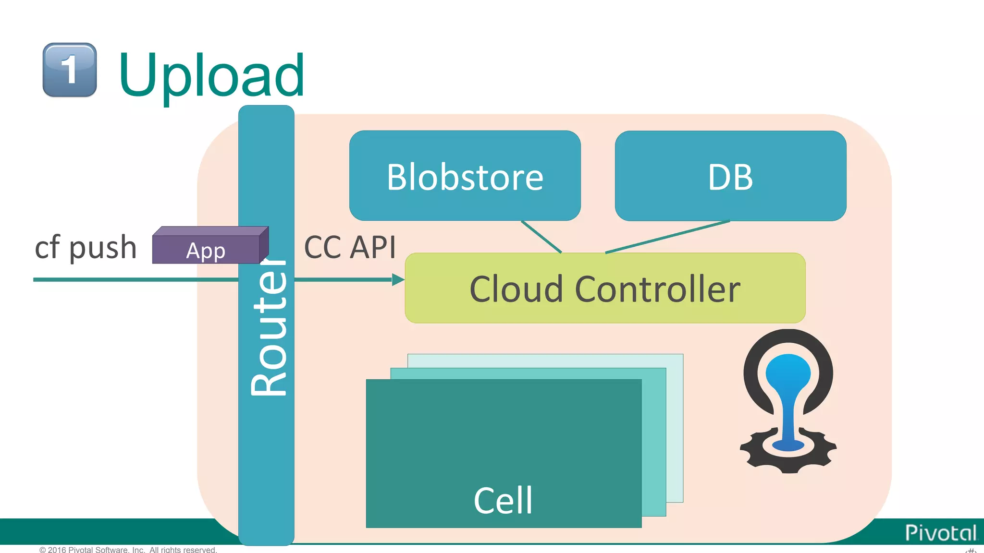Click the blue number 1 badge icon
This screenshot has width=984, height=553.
click(70, 70)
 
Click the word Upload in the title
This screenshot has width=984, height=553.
click(211, 76)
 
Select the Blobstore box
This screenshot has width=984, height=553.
click(465, 176)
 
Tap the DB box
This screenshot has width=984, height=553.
click(730, 176)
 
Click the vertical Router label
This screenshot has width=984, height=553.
click(268, 326)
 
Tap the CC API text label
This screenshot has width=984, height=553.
click(350, 248)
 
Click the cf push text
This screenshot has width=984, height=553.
click(86, 248)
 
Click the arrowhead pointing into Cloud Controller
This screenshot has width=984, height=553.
click(398, 279)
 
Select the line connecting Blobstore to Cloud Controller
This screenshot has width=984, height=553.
click(541, 237)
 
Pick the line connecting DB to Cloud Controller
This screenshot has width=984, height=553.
click(668, 237)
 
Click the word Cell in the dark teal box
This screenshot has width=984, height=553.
click(503, 500)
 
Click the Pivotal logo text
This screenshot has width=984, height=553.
click(940, 533)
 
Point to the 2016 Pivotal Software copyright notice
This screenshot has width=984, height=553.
click(128, 550)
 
